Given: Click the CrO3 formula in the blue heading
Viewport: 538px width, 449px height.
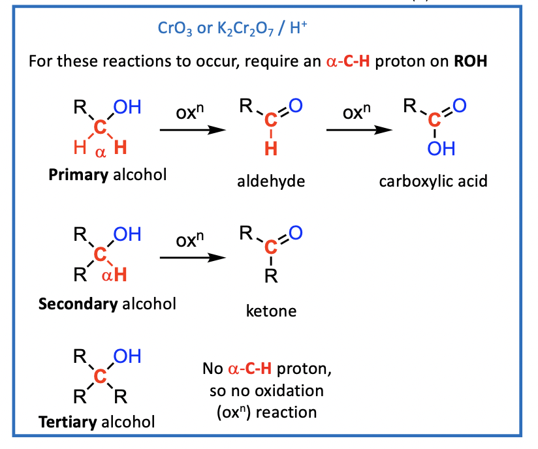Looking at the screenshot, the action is click(171, 29).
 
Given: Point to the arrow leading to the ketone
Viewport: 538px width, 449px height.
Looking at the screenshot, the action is click(193, 257).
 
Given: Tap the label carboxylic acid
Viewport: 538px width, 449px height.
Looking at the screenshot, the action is click(433, 181).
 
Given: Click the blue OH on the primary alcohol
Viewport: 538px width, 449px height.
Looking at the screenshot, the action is click(127, 107).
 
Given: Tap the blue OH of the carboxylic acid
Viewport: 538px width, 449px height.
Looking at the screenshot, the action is click(441, 149).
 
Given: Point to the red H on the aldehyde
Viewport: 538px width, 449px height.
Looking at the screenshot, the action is click(270, 149).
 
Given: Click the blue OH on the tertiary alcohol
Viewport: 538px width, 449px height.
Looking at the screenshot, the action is click(127, 356).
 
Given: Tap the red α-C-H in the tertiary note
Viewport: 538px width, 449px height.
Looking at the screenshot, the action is click(249, 369).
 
